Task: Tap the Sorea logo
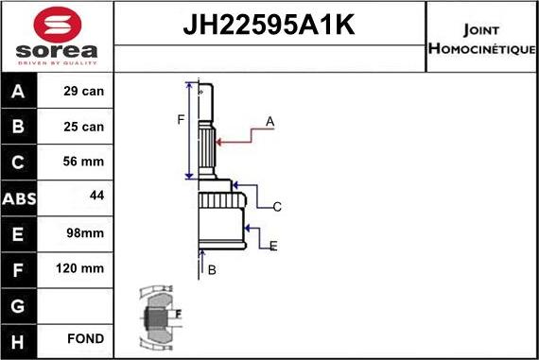(56, 38)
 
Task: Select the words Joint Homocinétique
(482, 38)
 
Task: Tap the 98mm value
(86, 232)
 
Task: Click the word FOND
(86, 338)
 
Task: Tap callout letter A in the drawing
(269, 121)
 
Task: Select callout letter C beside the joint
(277, 206)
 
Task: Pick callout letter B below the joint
(212, 270)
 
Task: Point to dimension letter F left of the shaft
(180, 119)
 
